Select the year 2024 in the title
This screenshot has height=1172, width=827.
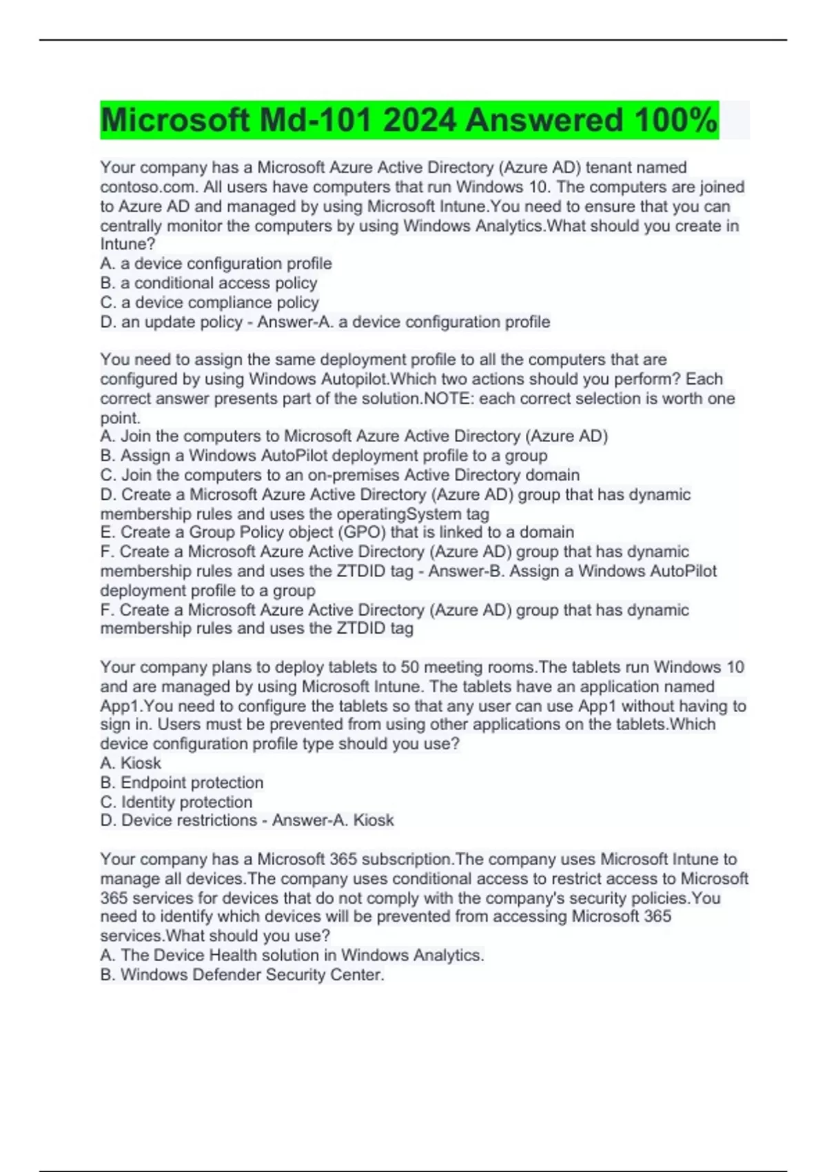(419, 121)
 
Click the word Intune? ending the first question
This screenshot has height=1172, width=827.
(127, 244)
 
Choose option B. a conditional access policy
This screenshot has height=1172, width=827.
(208, 283)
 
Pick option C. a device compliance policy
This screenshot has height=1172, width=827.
(209, 302)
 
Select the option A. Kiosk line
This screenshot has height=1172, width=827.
(130, 763)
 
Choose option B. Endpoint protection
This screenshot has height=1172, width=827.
(181, 782)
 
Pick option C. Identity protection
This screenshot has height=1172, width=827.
(176, 802)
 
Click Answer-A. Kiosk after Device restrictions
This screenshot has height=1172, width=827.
(333, 820)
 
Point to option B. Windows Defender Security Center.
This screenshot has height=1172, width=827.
(242, 975)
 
